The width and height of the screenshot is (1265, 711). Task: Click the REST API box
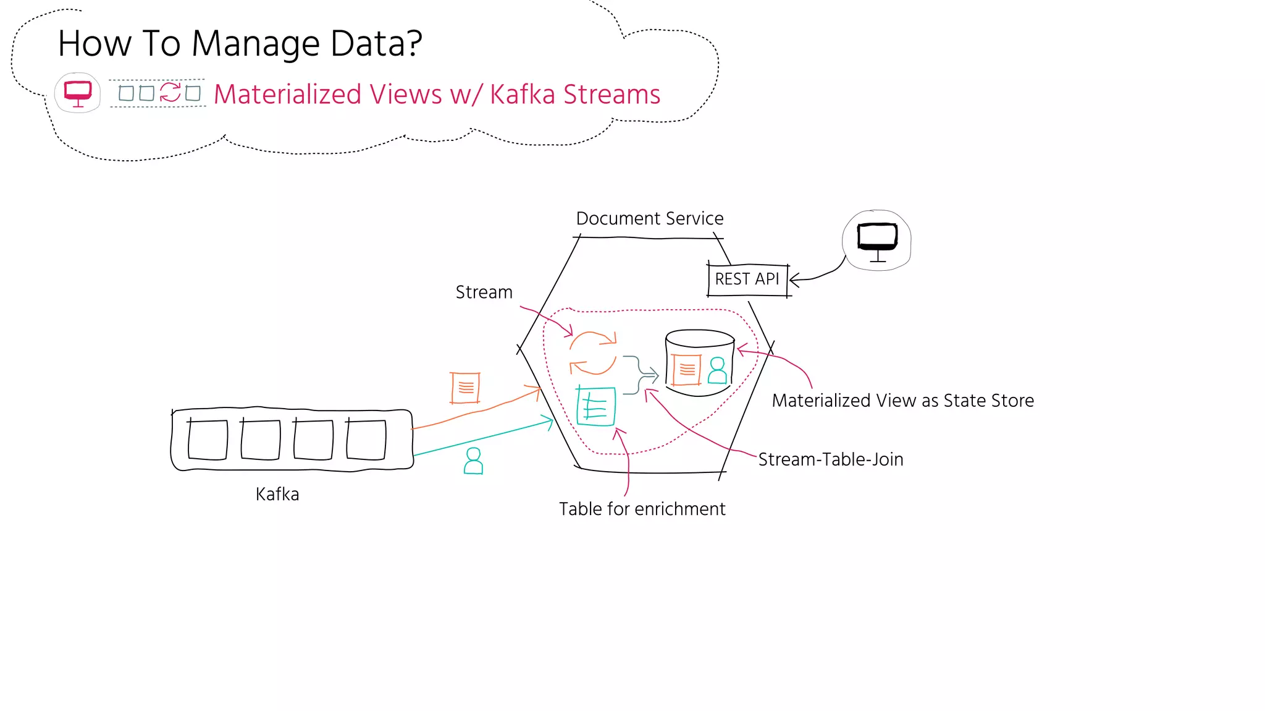point(747,279)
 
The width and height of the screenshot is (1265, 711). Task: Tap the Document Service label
point(649,218)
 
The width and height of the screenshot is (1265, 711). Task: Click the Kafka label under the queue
point(277,494)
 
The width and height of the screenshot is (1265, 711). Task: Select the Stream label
point(484,292)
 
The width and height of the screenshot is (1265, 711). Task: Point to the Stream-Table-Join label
point(830,459)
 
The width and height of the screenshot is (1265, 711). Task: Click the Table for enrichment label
point(642,509)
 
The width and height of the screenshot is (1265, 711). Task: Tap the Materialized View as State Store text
point(902,401)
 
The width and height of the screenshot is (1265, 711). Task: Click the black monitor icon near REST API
point(877,240)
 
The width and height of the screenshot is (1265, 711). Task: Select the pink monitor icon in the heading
point(78,93)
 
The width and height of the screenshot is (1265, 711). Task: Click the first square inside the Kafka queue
point(208,439)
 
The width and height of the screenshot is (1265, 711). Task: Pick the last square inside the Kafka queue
point(366,439)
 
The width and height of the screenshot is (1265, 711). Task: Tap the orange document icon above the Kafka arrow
point(465,388)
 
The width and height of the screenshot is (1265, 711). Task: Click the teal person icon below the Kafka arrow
point(473,461)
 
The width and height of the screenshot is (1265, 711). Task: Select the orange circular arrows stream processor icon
point(593,353)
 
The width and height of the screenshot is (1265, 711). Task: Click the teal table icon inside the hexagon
point(596,406)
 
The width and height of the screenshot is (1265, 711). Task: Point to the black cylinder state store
point(699,362)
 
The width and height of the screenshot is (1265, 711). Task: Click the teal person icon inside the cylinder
point(717,370)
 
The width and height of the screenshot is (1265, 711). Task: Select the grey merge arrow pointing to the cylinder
point(641,375)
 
